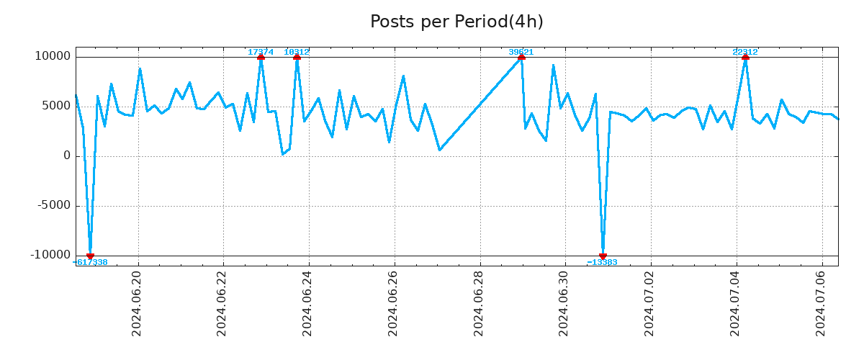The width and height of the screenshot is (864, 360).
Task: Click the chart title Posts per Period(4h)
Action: tap(456, 22)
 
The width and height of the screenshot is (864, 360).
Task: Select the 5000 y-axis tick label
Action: tap(55, 106)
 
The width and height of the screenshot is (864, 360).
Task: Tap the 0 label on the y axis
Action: tap(67, 156)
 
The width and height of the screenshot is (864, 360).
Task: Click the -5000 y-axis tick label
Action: tap(53, 205)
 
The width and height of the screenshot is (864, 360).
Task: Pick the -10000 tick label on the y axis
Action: tap(50, 255)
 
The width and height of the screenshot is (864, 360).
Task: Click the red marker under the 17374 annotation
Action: tap(261, 57)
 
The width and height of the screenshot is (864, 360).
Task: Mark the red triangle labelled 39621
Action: tap(521, 57)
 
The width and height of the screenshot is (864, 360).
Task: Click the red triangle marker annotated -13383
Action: tap(603, 256)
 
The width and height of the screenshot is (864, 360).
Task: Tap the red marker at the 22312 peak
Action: tap(745, 57)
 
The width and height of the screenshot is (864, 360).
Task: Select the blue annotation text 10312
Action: tap(297, 52)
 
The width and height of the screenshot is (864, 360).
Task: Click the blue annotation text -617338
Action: tap(91, 262)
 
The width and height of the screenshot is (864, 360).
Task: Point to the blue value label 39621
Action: tap(521, 52)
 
